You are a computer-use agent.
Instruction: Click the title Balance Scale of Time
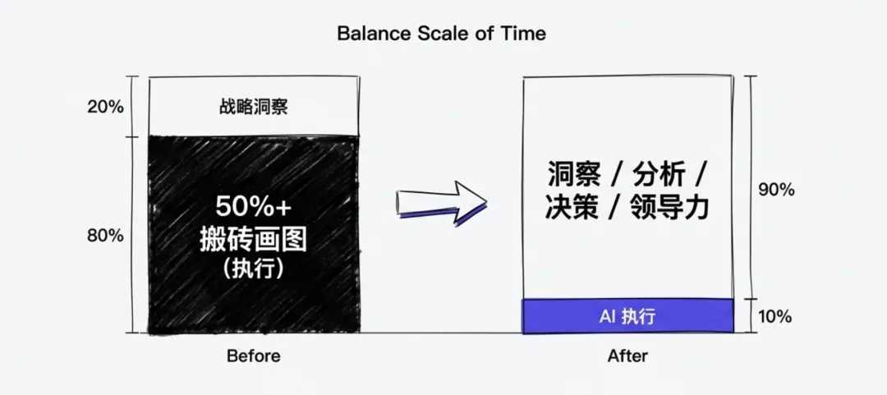pyautogui.click(x=441, y=34)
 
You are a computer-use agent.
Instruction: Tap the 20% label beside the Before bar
pyautogui.click(x=105, y=108)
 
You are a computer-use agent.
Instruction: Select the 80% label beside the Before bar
pyautogui.click(x=105, y=236)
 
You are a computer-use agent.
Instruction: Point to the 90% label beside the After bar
pyautogui.click(x=775, y=190)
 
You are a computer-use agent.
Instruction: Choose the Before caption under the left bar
pyautogui.click(x=253, y=356)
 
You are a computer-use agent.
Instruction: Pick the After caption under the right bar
pyautogui.click(x=627, y=356)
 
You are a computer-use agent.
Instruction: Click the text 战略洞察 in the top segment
pyautogui.click(x=253, y=108)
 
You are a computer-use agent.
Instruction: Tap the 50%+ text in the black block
pyautogui.click(x=253, y=206)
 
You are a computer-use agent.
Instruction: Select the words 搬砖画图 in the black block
pyautogui.click(x=253, y=240)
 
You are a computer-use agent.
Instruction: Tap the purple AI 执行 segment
pyautogui.click(x=627, y=316)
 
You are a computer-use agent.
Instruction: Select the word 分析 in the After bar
pyautogui.click(x=653, y=174)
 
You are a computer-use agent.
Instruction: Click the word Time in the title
pyautogui.click(x=526, y=34)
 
